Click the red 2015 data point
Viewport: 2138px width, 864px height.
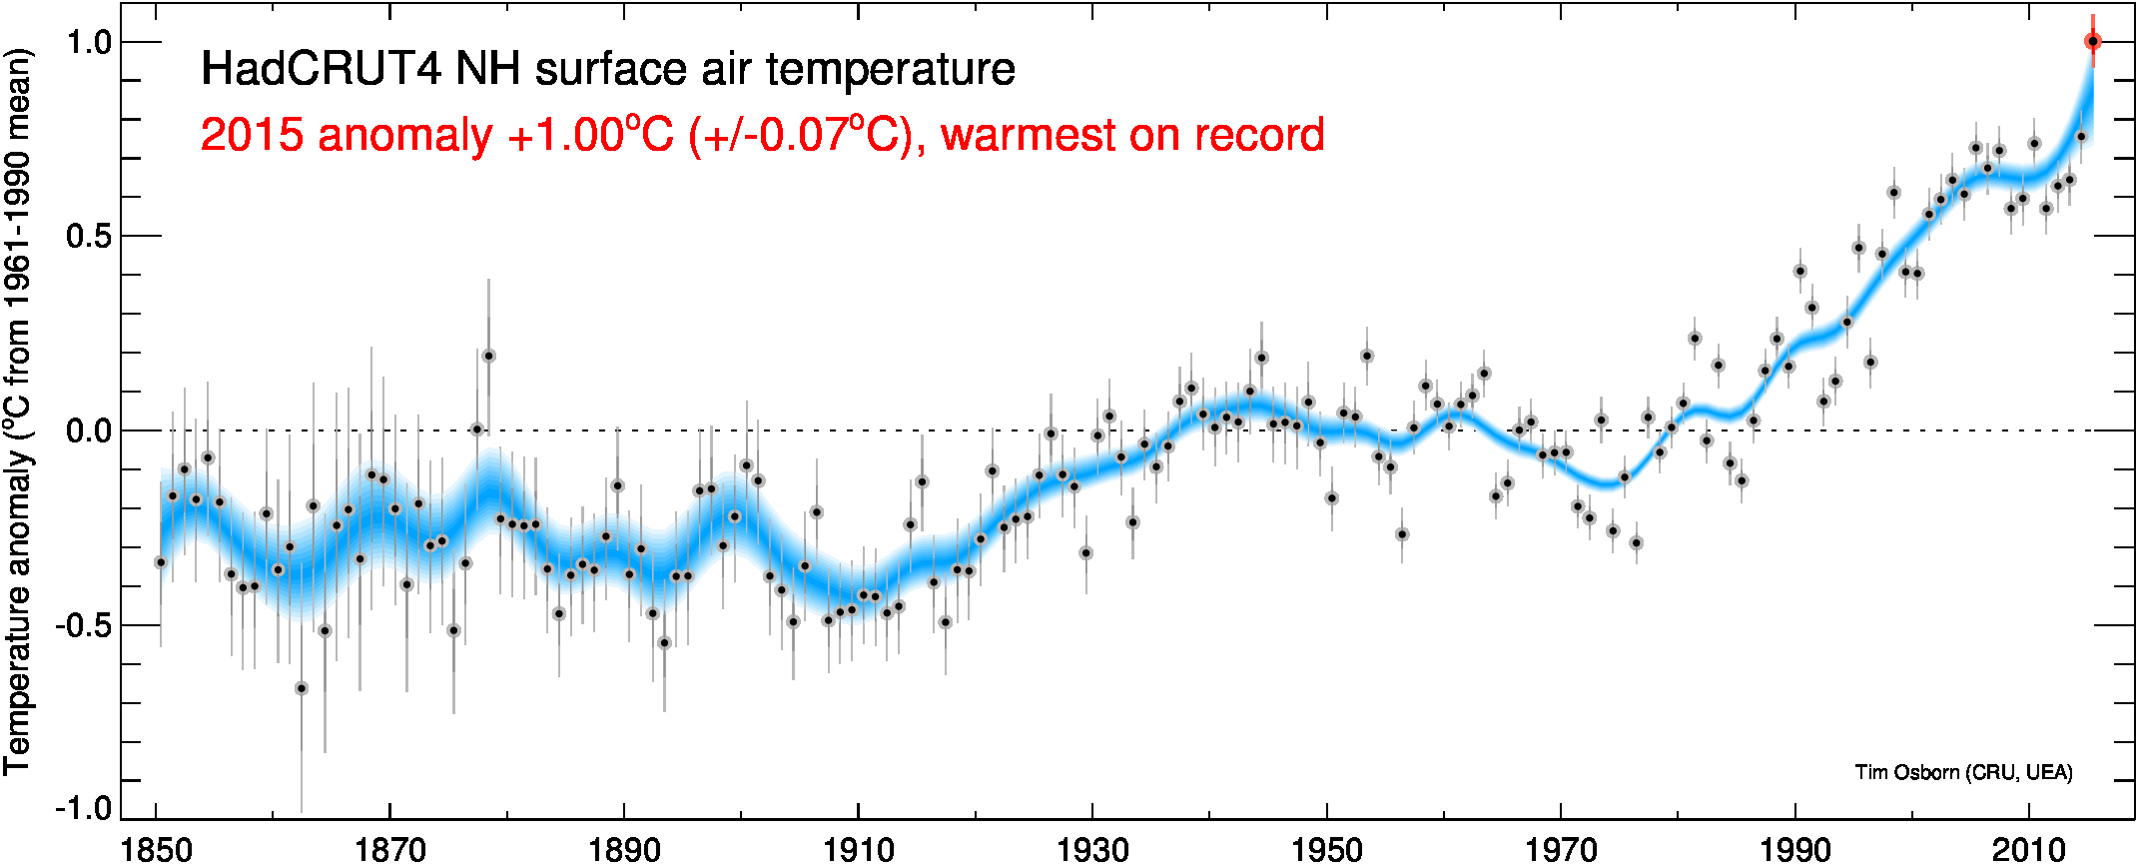click(x=2092, y=41)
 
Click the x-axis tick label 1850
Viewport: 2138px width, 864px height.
click(x=156, y=849)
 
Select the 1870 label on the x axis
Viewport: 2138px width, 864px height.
click(x=390, y=849)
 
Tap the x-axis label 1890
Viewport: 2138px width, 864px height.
click(x=624, y=849)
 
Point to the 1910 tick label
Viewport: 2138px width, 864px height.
click(x=859, y=849)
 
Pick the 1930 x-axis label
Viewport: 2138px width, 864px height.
click(x=1092, y=849)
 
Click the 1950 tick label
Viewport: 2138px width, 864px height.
click(x=1327, y=849)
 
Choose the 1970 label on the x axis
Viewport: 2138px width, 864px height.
click(x=1561, y=849)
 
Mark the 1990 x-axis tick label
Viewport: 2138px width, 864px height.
click(x=1795, y=849)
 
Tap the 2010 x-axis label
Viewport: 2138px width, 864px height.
click(x=2029, y=849)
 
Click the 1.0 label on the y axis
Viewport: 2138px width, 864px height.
click(x=87, y=42)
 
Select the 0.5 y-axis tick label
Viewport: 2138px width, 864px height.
click(x=87, y=237)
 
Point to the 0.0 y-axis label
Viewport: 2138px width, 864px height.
click(x=87, y=432)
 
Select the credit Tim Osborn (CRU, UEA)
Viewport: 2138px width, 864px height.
click(x=1963, y=772)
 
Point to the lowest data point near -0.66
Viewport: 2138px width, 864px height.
click(x=302, y=688)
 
